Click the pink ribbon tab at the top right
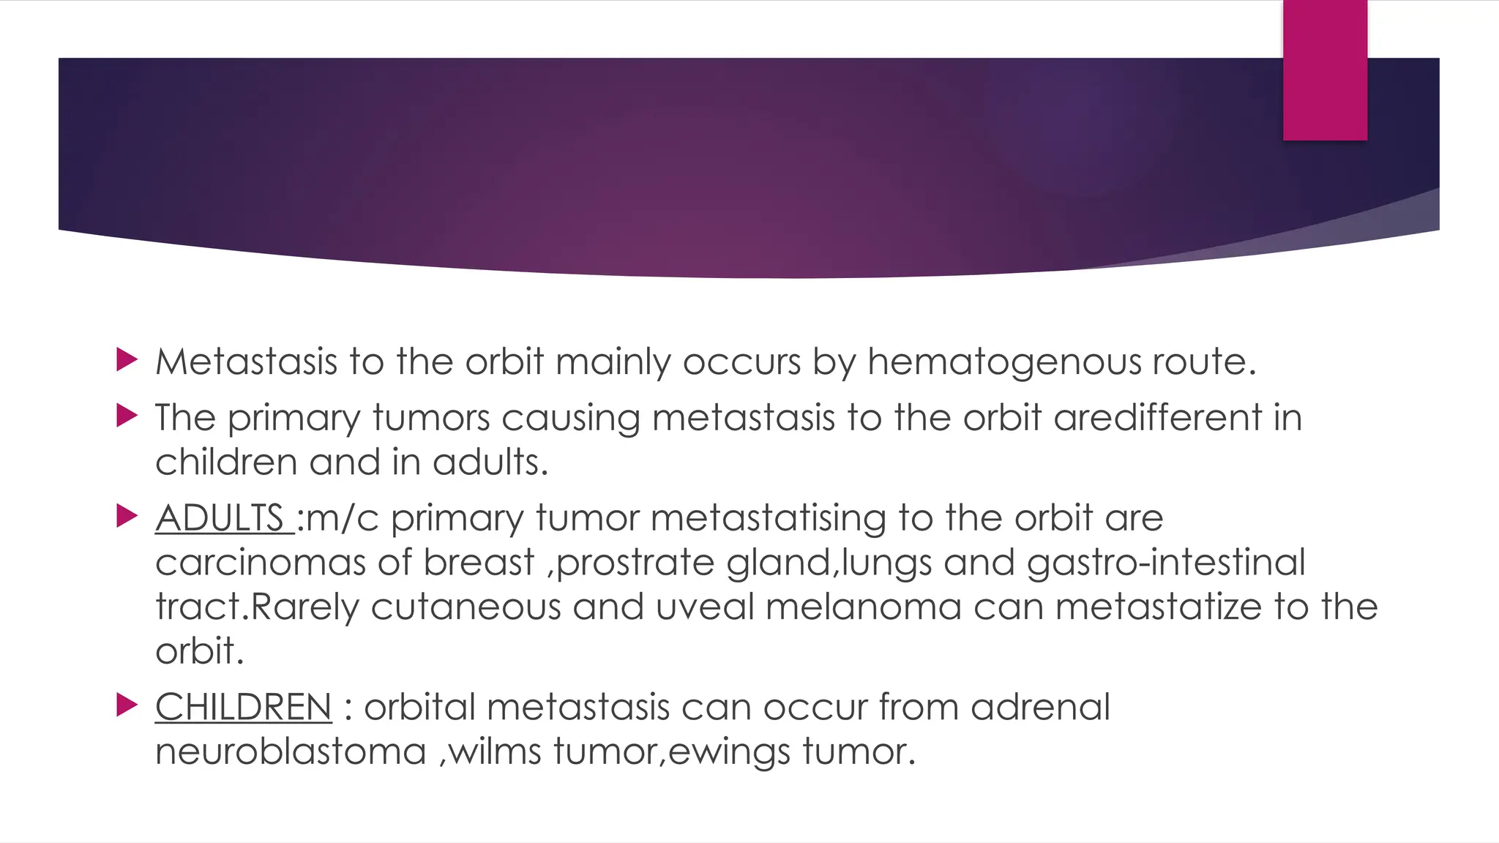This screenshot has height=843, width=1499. pos(1325,70)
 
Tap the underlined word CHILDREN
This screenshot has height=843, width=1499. pos(243,707)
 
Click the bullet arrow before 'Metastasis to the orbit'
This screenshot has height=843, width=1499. pos(127,359)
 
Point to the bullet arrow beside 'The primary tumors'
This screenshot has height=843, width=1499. pos(127,416)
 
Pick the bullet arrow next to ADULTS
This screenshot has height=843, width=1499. pos(127,517)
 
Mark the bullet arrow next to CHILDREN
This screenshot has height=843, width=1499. pos(127,705)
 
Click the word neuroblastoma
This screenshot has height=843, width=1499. pos(291,752)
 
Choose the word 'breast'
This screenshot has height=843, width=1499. pos(479,562)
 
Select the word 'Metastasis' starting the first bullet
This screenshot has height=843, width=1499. pos(246,361)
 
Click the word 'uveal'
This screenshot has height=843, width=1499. pos(704,607)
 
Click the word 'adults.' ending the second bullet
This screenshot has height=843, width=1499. pos(490,462)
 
